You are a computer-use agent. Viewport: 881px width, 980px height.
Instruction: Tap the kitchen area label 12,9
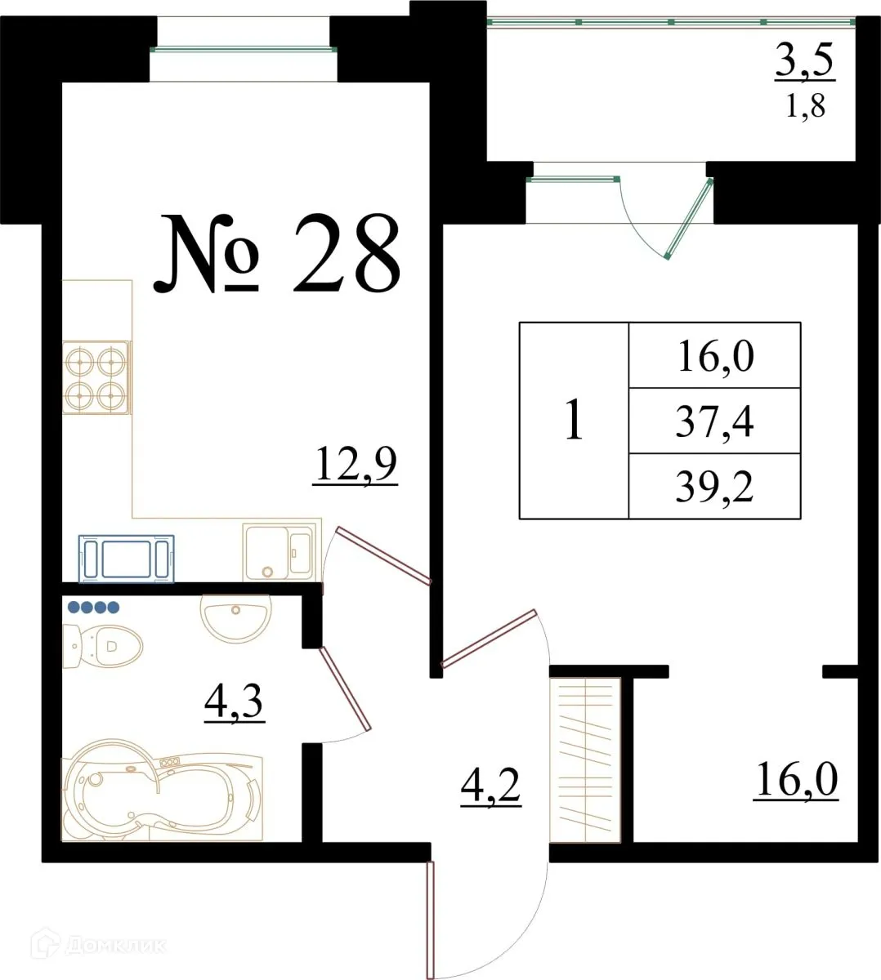click(355, 466)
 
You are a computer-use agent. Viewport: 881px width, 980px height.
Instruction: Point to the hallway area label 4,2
click(491, 786)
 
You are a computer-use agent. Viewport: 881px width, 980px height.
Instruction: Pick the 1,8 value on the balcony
click(805, 106)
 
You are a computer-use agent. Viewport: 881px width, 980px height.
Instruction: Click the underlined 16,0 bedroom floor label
click(796, 780)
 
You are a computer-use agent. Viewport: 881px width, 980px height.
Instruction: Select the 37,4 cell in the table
click(713, 421)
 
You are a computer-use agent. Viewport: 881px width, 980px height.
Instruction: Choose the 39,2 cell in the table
click(713, 487)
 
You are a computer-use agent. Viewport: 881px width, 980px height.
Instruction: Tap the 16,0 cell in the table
click(713, 356)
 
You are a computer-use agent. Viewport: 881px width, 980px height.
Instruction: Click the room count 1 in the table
click(574, 421)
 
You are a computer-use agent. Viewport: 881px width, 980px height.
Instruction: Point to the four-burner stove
click(96, 377)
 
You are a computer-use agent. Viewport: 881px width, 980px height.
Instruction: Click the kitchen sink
click(278, 552)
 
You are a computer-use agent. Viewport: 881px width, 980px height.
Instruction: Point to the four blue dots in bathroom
click(93, 607)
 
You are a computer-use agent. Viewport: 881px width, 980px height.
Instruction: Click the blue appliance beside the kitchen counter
click(127, 558)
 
